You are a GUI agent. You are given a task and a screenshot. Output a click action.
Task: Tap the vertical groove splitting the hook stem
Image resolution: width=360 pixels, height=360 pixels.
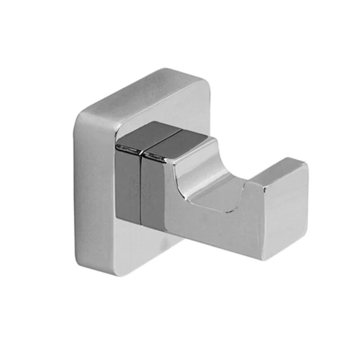142,186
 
